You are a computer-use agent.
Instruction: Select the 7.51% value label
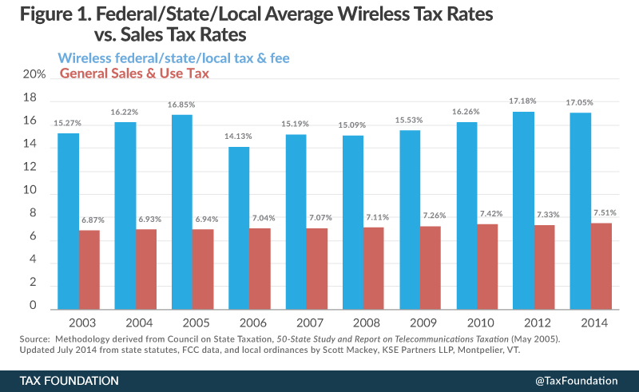click(601, 212)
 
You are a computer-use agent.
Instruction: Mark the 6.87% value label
click(90, 220)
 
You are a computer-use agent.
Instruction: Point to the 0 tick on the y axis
click(34, 306)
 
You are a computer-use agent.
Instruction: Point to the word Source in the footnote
click(35, 340)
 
